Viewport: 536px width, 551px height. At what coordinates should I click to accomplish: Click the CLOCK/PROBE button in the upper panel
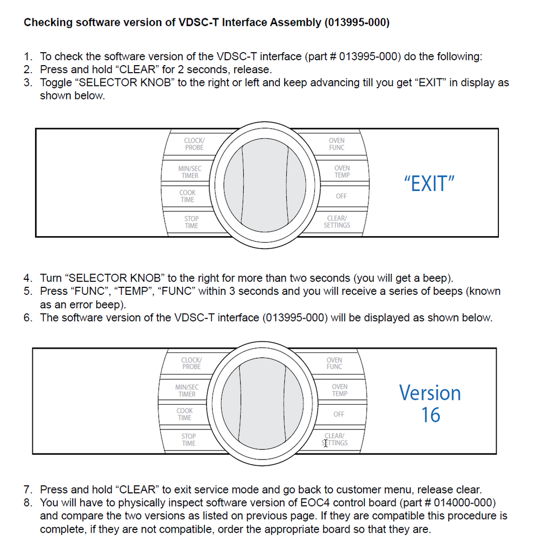click(x=194, y=144)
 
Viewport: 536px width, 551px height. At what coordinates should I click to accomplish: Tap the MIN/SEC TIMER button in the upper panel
click(x=189, y=172)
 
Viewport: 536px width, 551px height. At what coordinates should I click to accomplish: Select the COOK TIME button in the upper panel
click(x=187, y=196)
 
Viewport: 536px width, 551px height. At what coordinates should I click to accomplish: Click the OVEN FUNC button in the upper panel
click(x=337, y=144)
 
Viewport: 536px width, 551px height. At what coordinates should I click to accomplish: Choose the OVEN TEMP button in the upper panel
click(x=342, y=172)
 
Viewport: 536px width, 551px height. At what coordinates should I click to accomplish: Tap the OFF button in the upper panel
click(x=341, y=196)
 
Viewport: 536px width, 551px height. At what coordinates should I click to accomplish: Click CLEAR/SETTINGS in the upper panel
click(x=337, y=222)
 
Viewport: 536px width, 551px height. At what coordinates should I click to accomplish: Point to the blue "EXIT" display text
click(x=429, y=184)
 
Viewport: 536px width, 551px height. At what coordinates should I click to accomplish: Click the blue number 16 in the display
click(x=431, y=415)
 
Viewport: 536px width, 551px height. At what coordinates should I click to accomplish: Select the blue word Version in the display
click(x=429, y=393)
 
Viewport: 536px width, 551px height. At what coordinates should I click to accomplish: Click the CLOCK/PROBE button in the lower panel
click(x=191, y=363)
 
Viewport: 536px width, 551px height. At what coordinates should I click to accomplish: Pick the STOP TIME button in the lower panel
click(x=188, y=440)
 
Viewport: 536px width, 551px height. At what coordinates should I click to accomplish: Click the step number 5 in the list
click(x=27, y=292)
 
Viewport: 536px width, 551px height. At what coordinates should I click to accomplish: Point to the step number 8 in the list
click(x=27, y=503)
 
